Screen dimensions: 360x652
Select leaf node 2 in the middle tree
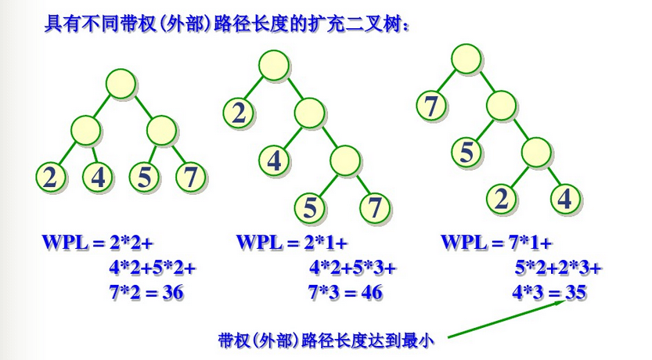pyautogui.click(x=239, y=113)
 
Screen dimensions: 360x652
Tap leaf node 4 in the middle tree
pyautogui.click(x=275, y=160)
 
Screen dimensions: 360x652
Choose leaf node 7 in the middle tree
pyautogui.click(x=375, y=208)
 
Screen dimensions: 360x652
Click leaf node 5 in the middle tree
pyautogui.click(x=310, y=208)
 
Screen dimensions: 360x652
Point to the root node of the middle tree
pyautogui.click(x=273, y=65)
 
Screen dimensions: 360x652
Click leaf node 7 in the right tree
pyautogui.click(x=431, y=105)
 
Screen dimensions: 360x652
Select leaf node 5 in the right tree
pyautogui.click(x=466, y=151)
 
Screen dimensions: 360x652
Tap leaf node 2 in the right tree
pyautogui.click(x=500, y=199)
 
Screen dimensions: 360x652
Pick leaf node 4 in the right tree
pyautogui.click(x=564, y=199)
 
